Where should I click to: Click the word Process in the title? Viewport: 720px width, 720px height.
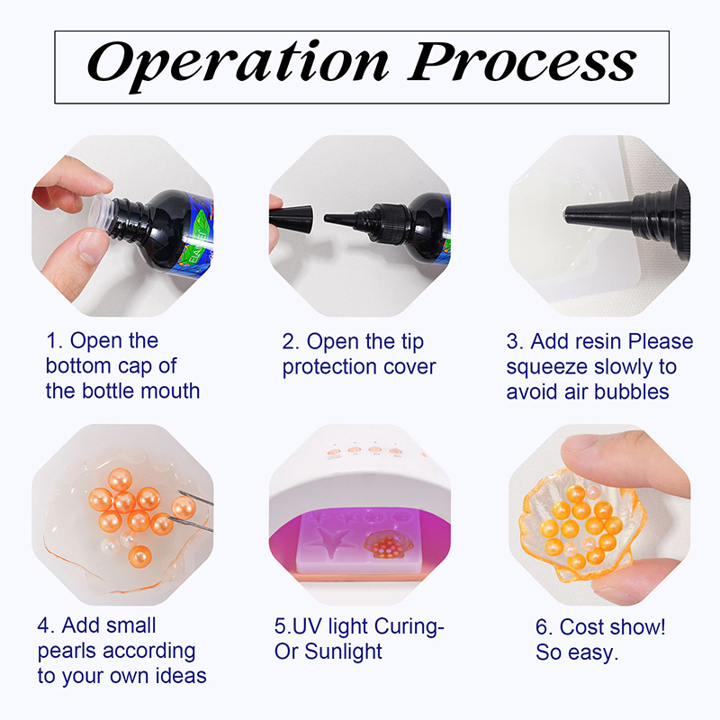(x=522, y=61)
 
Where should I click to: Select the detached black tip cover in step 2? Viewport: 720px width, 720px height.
(x=291, y=218)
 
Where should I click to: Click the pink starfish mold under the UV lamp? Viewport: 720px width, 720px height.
(x=328, y=541)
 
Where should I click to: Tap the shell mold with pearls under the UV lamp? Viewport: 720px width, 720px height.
(x=389, y=544)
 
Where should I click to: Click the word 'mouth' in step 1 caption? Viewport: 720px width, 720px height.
(x=170, y=391)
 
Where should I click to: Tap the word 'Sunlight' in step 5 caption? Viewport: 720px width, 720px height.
(x=343, y=652)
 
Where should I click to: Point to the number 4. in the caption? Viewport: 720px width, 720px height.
(x=46, y=625)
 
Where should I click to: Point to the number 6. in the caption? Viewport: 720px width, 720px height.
(x=544, y=627)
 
